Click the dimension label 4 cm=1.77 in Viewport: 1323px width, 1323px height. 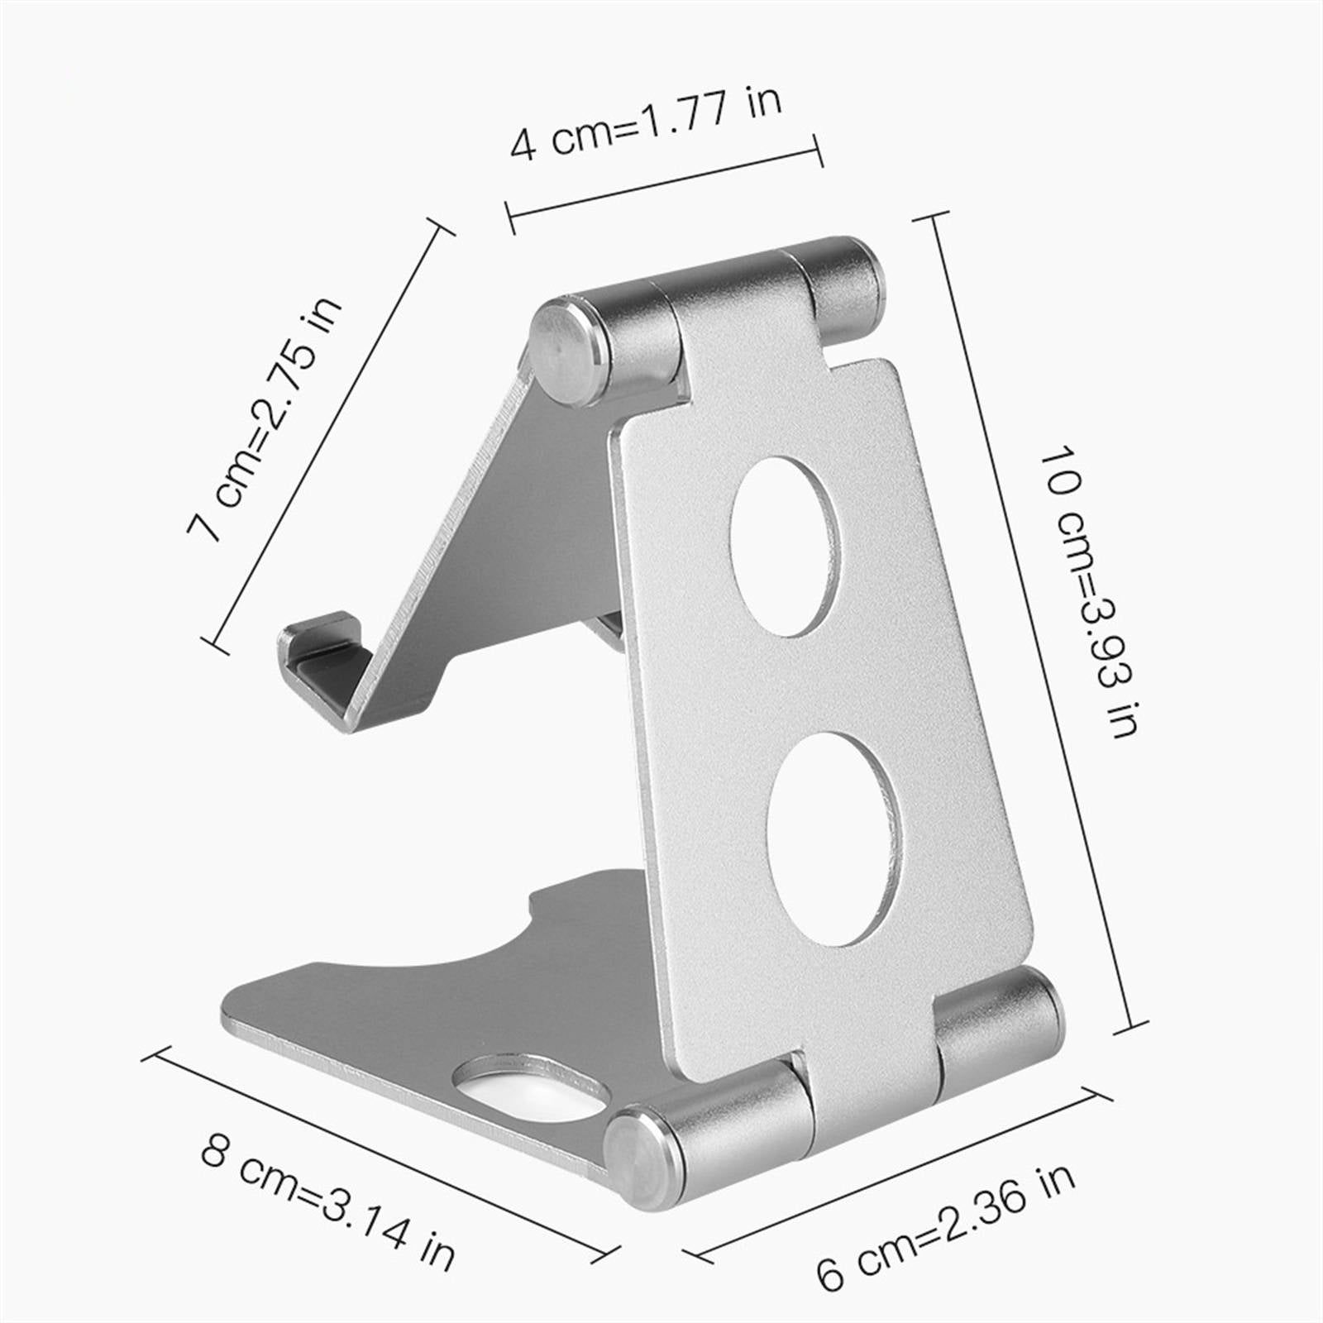(x=645, y=122)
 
